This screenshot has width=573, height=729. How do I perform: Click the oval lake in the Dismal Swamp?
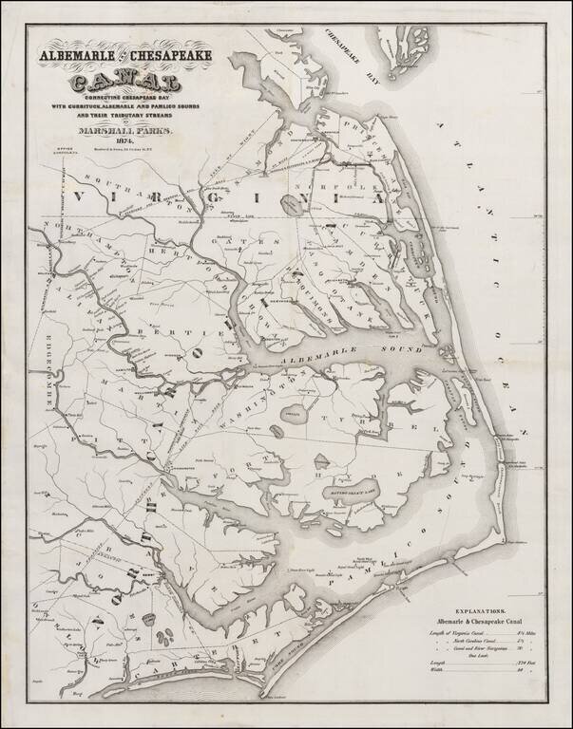292,201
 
